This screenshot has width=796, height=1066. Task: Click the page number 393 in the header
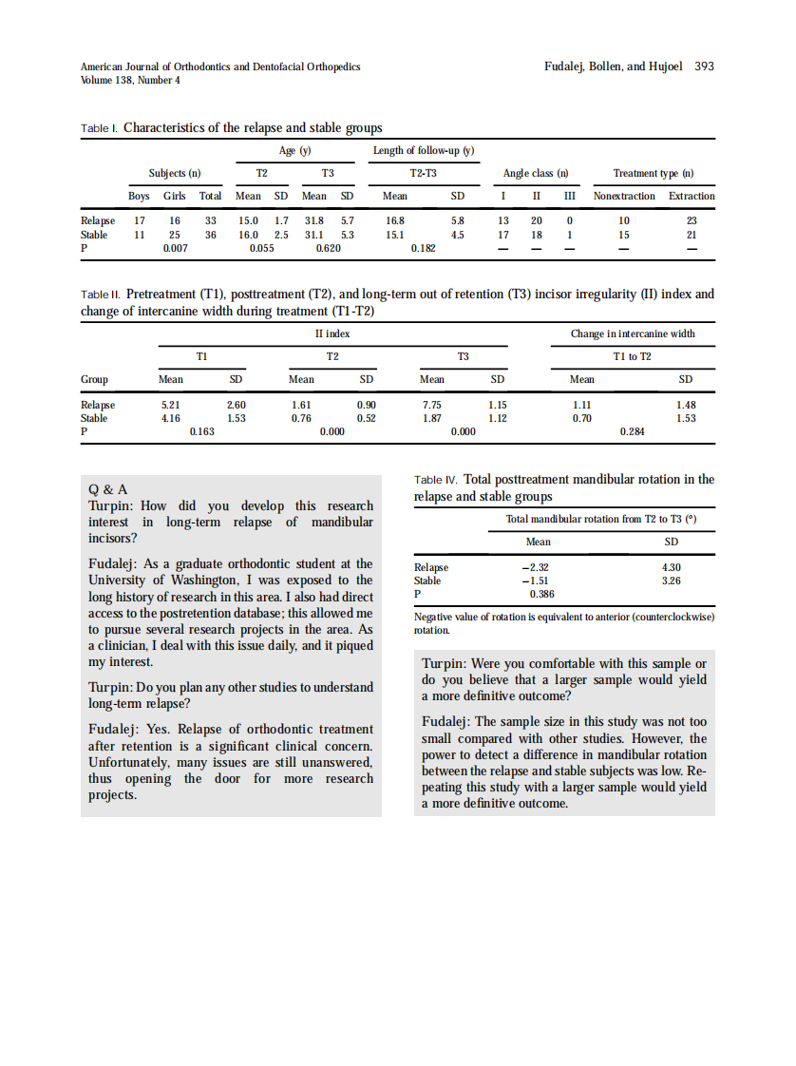[704, 67]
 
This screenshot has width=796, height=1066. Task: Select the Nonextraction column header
[624, 196]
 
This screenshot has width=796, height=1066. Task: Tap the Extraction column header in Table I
[692, 196]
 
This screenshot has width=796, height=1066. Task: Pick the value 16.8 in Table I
[395, 220]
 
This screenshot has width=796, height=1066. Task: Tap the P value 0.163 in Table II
[202, 431]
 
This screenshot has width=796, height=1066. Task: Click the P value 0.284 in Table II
[632, 431]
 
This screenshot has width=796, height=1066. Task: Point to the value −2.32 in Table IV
[537, 567]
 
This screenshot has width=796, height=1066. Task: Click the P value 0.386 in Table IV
[541, 594]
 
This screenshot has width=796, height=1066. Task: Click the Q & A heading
[107, 490]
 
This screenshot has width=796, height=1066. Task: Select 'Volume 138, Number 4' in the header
[130, 80]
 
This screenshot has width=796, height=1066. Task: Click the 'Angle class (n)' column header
[536, 173]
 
